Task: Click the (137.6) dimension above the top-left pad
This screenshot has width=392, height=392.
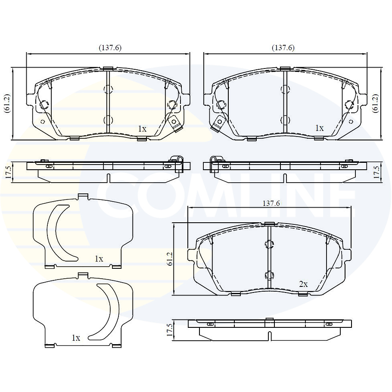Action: click(x=110, y=47)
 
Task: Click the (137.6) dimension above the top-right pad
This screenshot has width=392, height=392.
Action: click(x=283, y=47)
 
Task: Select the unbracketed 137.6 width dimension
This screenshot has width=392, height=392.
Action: click(x=271, y=203)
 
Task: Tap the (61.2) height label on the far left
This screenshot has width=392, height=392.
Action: click(x=7, y=103)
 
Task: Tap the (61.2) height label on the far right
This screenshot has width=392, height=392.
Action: click(x=376, y=103)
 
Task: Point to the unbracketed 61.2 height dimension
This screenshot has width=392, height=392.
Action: click(x=170, y=259)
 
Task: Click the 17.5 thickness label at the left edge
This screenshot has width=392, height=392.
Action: click(x=8, y=172)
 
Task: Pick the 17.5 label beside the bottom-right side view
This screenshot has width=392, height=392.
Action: click(x=170, y=330)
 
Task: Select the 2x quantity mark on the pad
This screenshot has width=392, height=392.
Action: click(x=303, y=284)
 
